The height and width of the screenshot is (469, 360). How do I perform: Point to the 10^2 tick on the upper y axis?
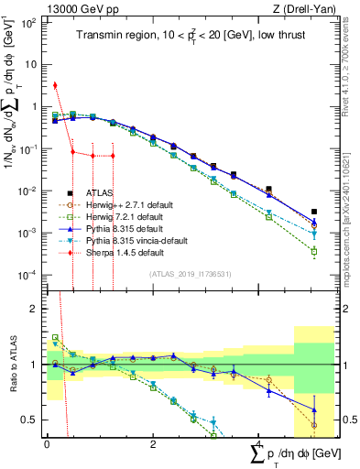(x=29, y=21)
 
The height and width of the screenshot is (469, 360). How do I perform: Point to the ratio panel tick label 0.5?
(x=28, y=420)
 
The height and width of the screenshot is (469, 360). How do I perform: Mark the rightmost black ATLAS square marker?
(x=314, y=212)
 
